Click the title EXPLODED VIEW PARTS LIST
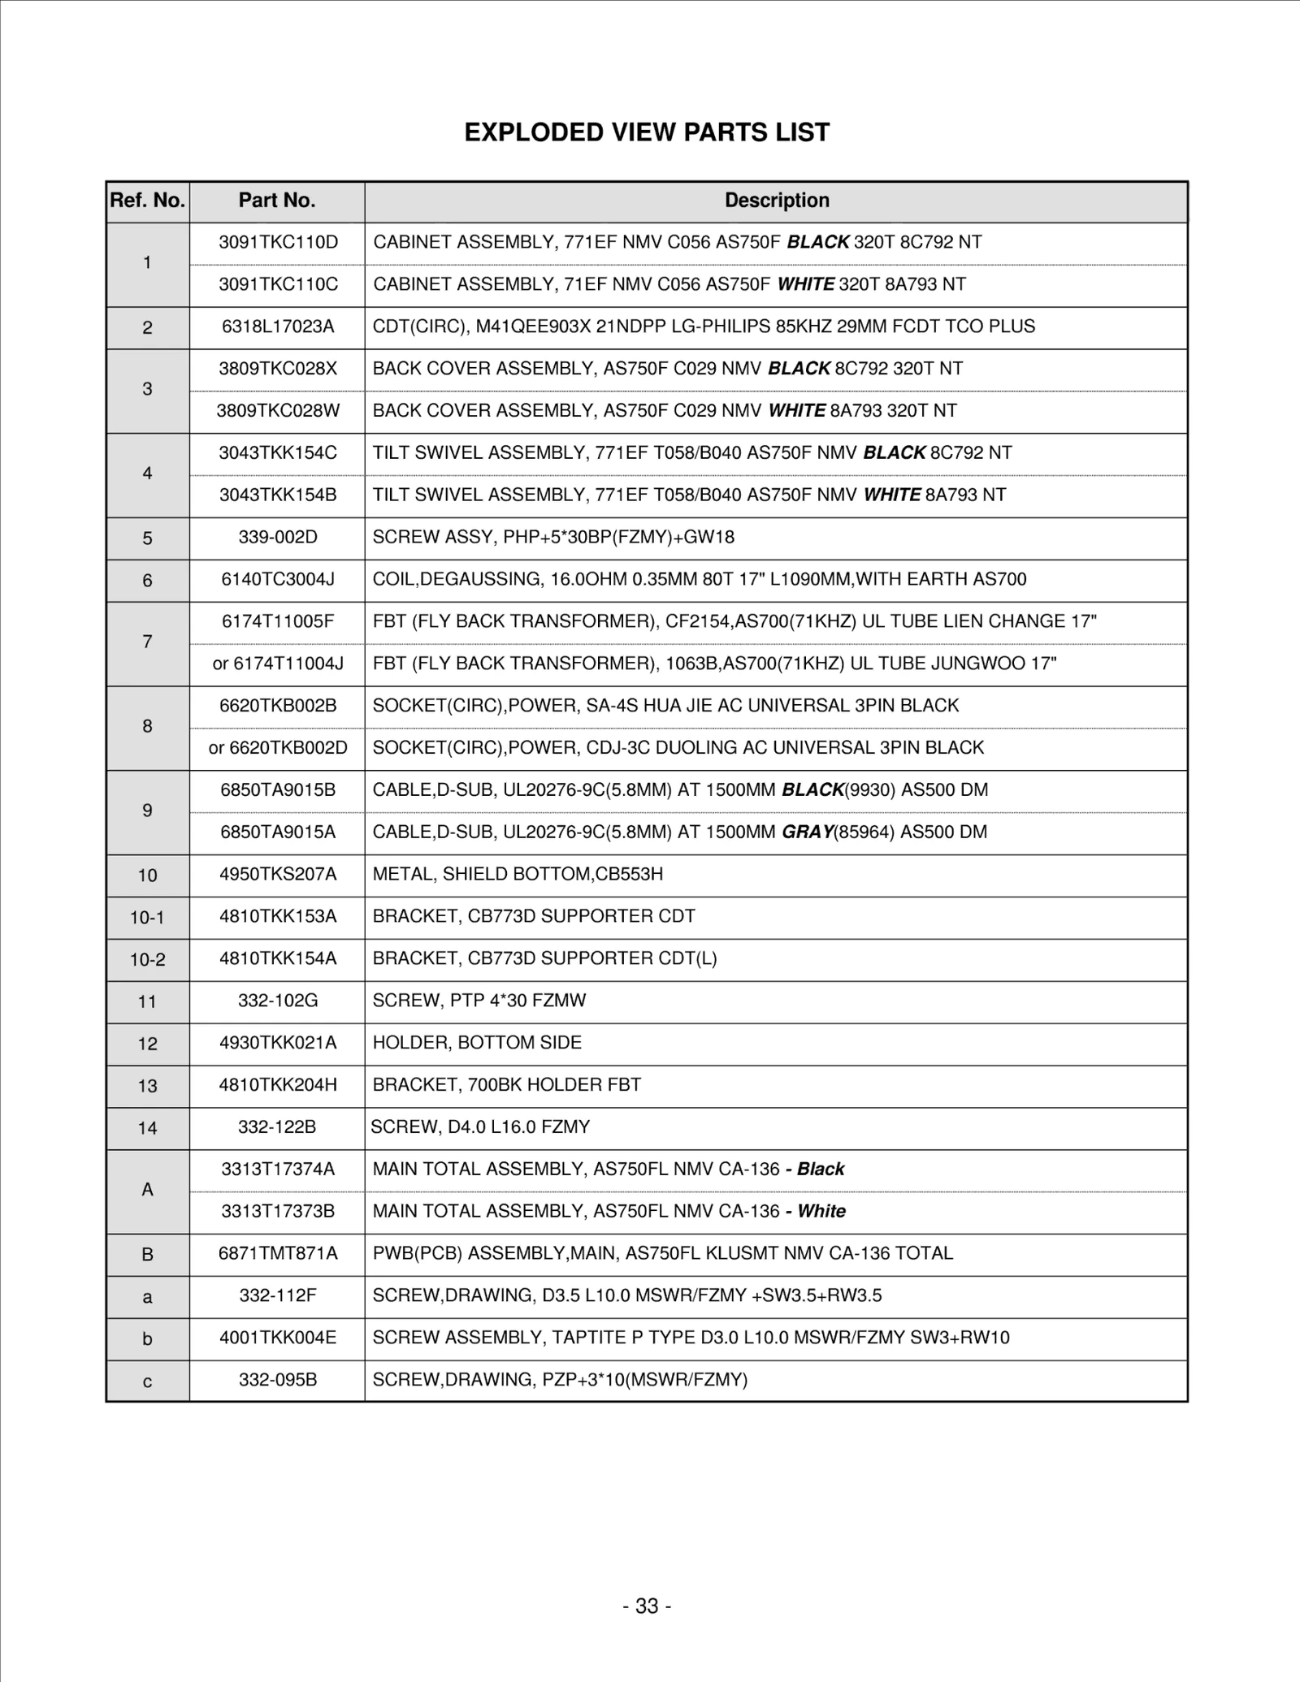[647, 132]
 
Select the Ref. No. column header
[147, 201]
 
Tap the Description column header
[777, 201]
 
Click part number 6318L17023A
[278, 326]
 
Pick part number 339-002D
[278, 537]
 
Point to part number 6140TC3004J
[278, 579]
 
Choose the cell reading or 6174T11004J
[278, 664]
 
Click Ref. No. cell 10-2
[147, 960]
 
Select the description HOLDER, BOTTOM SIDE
[477, 1043]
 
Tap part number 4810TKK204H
[278, 1085]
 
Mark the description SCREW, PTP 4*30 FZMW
[479, 1001]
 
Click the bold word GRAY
[808, 832]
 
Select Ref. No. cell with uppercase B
[147, 1255]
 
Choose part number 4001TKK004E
[278, 1338]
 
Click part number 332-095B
[278, 1380]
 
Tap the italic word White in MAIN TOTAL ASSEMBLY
[821, 1211]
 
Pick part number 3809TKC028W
[278, 411]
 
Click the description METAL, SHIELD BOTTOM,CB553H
[518, 874]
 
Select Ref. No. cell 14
[147, 1128]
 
